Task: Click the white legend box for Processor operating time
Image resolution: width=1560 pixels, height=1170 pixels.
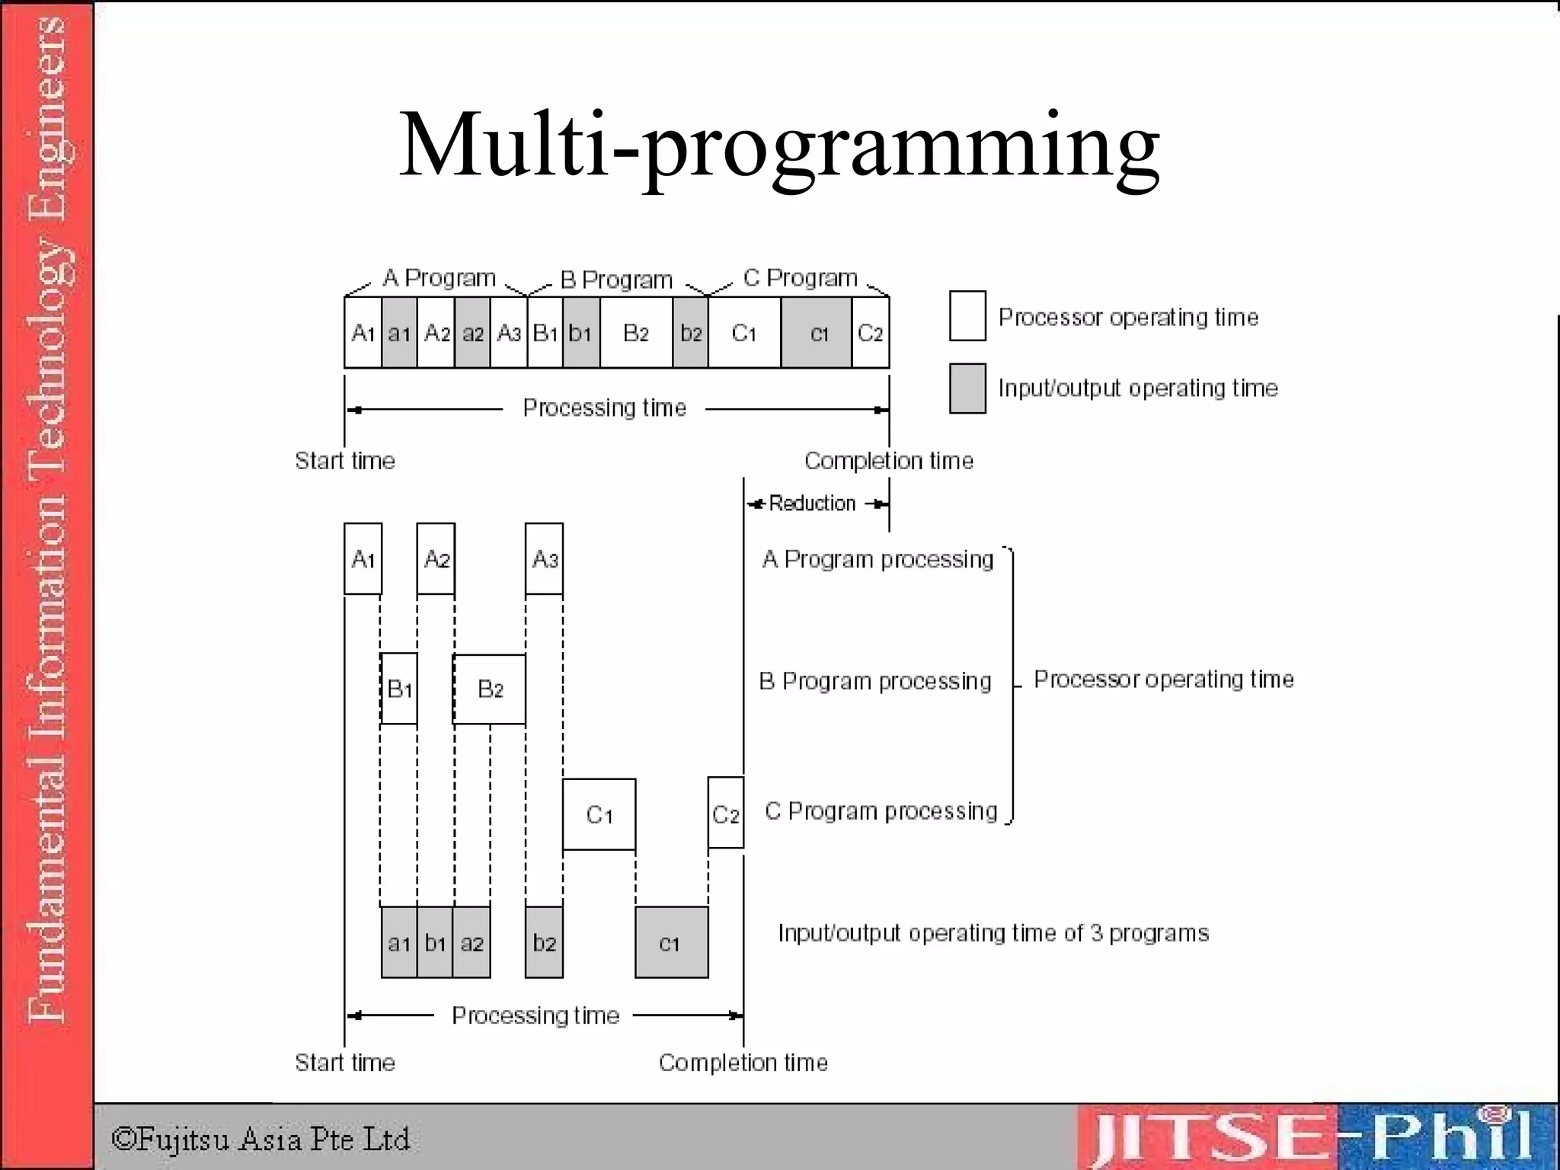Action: coord(967,316)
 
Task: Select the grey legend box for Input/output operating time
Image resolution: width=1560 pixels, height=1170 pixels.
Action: coord(967,388)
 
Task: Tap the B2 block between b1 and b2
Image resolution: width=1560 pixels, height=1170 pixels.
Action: coord(636,333)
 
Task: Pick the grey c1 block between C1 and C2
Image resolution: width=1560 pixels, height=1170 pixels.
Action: coord(817,333)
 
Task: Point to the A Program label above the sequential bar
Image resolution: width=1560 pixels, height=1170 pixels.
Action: coord(439,278)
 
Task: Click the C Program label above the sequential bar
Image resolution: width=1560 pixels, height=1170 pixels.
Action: coord(800,278)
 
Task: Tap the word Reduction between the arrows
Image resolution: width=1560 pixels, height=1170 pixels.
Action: coord(812,503)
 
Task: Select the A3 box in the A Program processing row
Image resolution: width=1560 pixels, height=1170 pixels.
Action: coord(544,559)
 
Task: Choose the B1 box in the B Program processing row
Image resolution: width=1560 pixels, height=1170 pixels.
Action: coord(398,689)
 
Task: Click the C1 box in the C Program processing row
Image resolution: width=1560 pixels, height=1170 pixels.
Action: coord(599,814)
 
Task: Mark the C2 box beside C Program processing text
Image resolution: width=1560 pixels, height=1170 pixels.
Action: coord(725,814)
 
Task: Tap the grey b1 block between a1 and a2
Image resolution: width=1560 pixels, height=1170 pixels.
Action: coord(435,943)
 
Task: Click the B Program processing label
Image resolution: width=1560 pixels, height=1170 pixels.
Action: coord(875,681)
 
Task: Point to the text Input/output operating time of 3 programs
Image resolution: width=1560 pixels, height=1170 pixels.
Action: coord(993,933)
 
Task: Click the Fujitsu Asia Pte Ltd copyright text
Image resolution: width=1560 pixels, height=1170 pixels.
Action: coord(261,1140)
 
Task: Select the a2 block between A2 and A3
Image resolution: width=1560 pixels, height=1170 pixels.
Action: coord(472,333)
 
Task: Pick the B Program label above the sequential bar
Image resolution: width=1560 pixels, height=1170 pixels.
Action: coord(616,280)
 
